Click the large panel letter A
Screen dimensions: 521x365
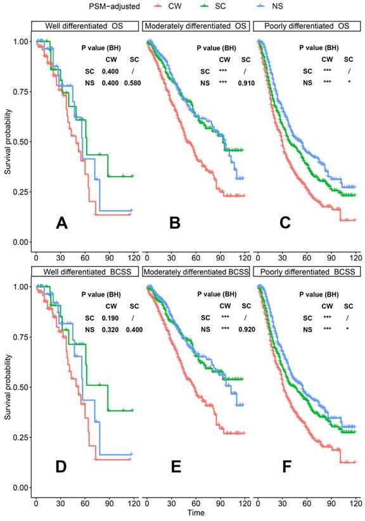[61, 222]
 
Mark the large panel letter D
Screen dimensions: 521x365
[61, 468]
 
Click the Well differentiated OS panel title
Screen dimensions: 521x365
[85, 26]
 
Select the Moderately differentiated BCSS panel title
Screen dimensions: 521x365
[196, 271]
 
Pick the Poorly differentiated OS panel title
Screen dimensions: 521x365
[307, 26]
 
